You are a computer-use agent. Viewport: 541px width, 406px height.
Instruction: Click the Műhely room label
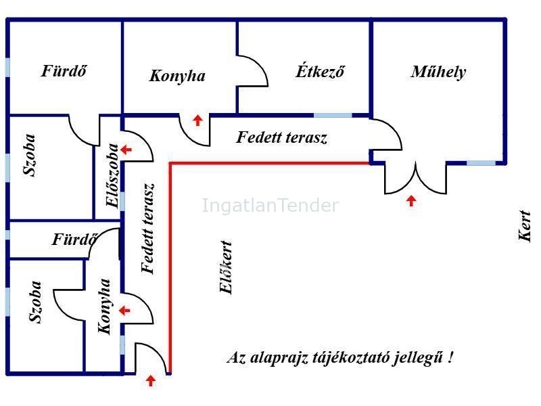438,72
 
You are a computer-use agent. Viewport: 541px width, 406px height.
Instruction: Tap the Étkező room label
320,71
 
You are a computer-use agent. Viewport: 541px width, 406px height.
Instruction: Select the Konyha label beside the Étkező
177,76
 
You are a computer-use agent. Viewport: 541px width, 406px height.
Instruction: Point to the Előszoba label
112,175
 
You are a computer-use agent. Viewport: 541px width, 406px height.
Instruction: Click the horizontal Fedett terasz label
281,137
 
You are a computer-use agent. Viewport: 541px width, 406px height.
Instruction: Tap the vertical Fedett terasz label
148,228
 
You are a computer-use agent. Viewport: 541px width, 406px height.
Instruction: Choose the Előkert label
226,267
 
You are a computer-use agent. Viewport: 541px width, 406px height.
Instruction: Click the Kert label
525,226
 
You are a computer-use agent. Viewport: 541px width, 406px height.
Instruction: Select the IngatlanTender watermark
270,206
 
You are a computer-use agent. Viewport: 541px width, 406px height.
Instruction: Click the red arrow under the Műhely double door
411,200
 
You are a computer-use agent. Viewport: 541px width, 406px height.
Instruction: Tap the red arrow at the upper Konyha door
197,120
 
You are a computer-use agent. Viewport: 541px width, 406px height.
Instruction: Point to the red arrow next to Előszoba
126,150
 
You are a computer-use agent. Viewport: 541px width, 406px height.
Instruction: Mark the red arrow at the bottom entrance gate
150,381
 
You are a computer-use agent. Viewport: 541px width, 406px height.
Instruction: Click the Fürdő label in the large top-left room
64,71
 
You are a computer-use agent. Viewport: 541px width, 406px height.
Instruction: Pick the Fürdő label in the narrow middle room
74,240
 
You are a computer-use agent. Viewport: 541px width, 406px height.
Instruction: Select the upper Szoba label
29,155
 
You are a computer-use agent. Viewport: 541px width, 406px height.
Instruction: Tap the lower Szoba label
35,302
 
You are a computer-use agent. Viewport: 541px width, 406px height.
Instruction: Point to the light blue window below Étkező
333,115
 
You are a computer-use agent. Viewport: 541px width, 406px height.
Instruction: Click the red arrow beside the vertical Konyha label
124,311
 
